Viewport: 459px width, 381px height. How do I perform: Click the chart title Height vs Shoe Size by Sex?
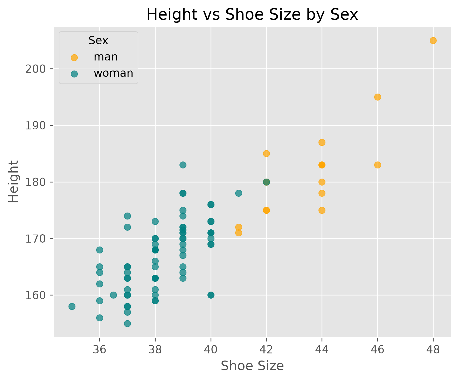pos(252,15)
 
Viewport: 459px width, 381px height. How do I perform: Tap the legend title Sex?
pos(98,40)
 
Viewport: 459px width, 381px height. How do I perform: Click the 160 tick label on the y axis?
pos(35,295)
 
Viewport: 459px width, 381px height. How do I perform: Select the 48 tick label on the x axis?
pos(433,350)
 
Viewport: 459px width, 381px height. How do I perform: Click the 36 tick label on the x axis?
pos(100,350)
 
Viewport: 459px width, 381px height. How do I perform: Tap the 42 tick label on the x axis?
pos(266,350)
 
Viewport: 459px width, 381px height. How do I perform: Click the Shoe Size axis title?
pos(252,366)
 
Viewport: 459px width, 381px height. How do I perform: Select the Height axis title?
pos(13,181)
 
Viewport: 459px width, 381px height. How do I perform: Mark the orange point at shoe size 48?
pos(433,40)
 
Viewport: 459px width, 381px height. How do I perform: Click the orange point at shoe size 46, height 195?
pos(378,97)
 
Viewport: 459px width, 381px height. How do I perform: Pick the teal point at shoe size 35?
pos(72,306)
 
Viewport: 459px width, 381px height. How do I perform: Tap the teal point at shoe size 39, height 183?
pos(183,165)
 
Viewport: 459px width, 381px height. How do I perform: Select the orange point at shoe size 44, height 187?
pos(322,142)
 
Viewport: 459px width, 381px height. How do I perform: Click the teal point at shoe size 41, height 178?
pos(239,193)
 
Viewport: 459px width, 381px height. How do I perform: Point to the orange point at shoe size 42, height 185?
pos(266,153)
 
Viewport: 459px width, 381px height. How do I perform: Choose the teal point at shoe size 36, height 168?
pos(100,250)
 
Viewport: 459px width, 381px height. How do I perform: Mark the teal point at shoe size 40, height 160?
pos(211,295)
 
